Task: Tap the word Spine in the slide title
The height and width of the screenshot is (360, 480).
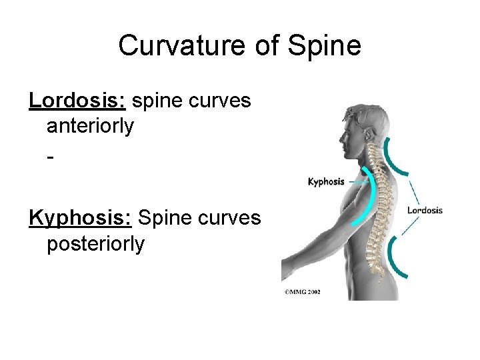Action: [325, 46]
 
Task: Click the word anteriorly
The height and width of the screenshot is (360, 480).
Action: [90, 125]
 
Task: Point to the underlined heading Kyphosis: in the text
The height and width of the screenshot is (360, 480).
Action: [81, 218]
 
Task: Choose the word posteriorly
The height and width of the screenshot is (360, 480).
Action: [95, 243]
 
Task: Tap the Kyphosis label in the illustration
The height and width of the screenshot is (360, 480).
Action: [326, 181]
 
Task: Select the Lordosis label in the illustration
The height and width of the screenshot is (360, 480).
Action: [425, 211]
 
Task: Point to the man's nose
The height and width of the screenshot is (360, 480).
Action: [340, 139]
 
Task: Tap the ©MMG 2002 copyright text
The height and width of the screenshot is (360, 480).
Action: [302, 291]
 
